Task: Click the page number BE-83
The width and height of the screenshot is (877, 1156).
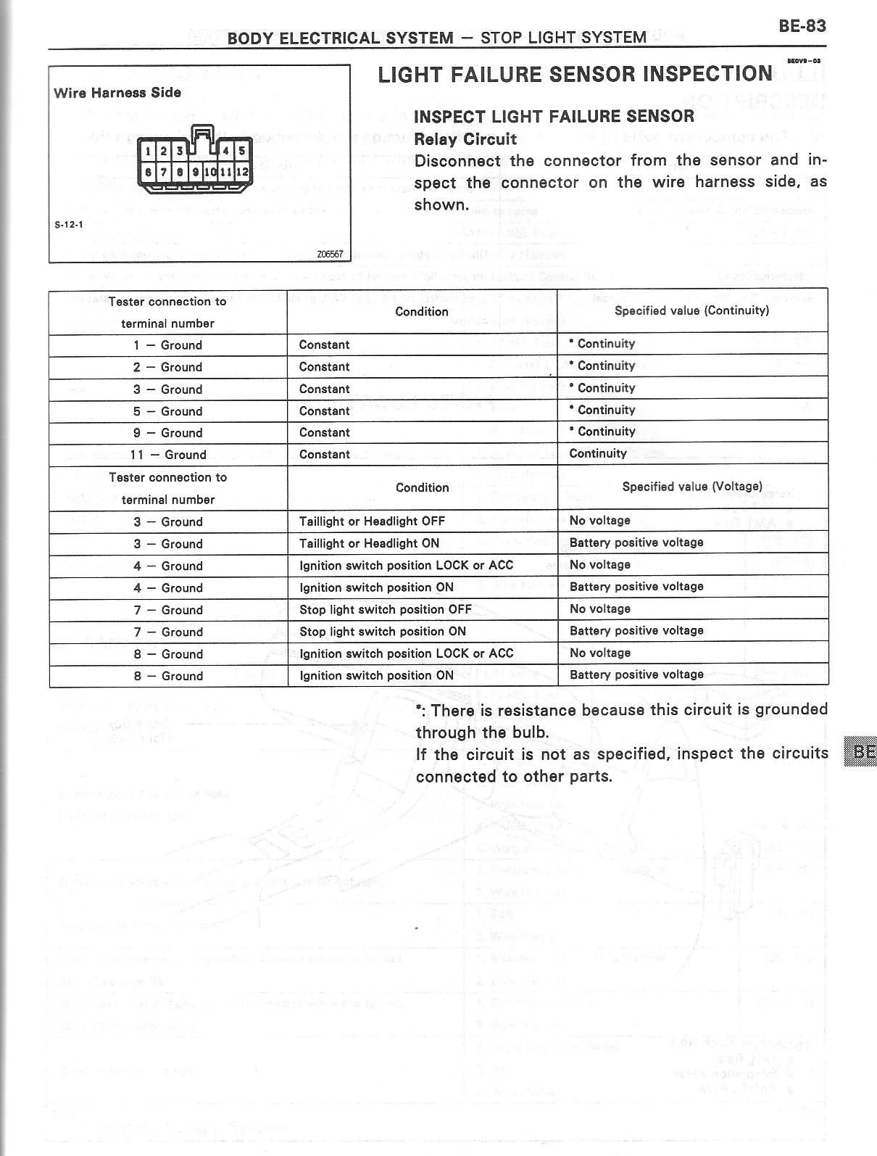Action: coord(802,26)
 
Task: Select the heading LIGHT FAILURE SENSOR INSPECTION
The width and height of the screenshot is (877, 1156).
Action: coord(575,74)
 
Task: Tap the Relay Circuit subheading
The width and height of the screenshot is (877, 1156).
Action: coord(465,139)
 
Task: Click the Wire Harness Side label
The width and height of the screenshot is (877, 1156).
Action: coord(117,93)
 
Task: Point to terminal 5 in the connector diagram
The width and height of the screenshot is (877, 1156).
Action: coord(242,152)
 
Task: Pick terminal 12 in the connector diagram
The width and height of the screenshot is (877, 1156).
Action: coord(242,172)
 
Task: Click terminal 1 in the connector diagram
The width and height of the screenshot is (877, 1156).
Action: coord(148,152)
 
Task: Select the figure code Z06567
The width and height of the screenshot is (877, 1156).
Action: coord(328,255)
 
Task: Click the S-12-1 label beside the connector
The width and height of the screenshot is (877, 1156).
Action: coord(70,224)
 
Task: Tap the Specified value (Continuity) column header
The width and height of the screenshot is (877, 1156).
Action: coord(691,310)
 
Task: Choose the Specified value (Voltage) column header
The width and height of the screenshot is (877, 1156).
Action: coord(692,487)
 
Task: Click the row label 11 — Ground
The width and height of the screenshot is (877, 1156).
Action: coord(168,455)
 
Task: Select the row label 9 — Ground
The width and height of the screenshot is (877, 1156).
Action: coord(167,433)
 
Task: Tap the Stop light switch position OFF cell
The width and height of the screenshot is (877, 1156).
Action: coord(385,609)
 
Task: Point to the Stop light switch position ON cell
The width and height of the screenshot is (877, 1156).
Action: coord(382,631)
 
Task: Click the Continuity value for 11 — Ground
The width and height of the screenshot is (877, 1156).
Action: coord(598,453)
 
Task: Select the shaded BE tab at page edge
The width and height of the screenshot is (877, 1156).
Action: coord(860,751)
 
